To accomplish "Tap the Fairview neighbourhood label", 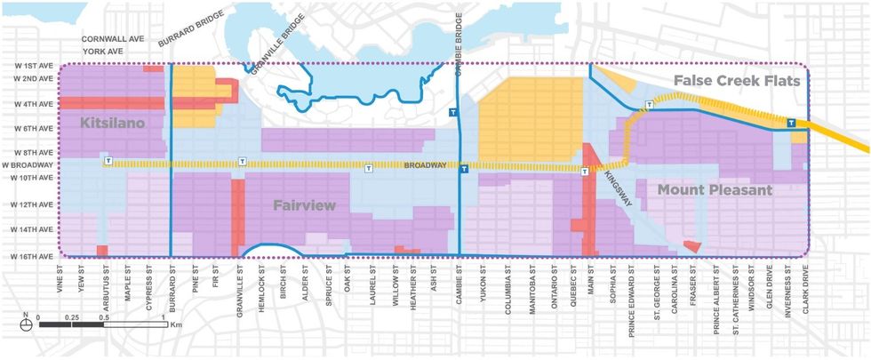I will point(304,206).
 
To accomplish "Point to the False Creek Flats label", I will point(737,81).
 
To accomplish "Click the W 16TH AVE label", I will point(29,256).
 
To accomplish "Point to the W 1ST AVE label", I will point(32,68).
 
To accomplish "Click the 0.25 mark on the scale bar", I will point(72,316).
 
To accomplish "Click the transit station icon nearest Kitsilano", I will point(108,162).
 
